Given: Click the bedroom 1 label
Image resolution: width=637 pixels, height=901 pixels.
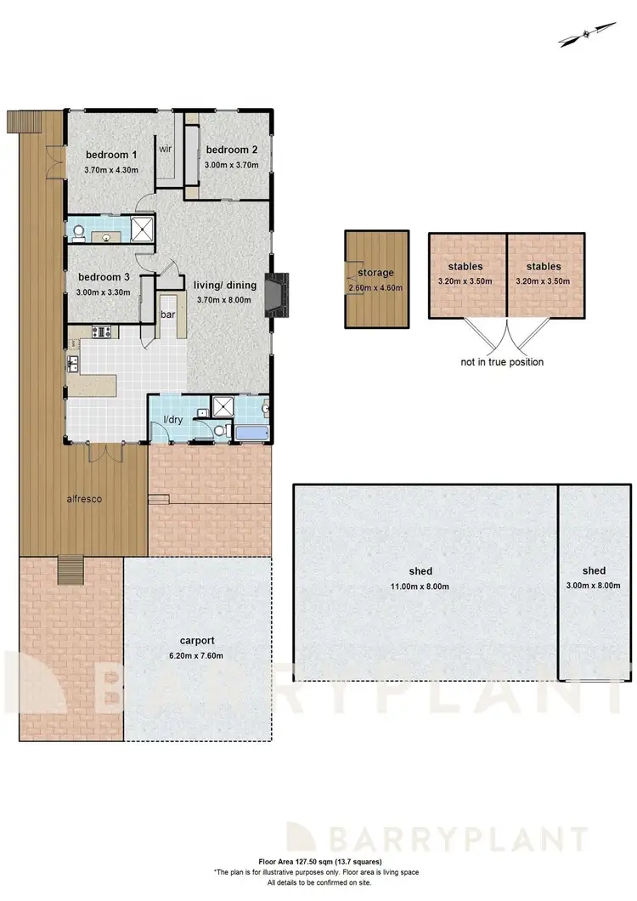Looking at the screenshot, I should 111,155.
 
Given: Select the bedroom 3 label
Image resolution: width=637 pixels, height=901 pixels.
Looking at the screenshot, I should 104,277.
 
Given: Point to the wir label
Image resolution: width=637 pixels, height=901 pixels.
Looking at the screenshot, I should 166,148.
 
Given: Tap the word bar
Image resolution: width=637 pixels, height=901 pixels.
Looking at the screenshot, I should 168,314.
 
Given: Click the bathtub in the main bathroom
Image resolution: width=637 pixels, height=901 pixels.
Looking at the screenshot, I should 251,433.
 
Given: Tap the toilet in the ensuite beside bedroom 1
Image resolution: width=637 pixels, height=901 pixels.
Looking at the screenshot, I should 77,229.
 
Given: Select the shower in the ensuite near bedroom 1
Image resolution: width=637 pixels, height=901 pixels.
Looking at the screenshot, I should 145,227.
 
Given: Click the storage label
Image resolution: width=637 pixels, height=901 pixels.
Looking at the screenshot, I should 375,273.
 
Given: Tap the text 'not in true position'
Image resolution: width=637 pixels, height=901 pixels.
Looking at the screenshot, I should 502,362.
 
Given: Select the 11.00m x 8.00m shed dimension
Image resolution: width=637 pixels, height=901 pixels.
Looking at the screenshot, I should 420,586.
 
